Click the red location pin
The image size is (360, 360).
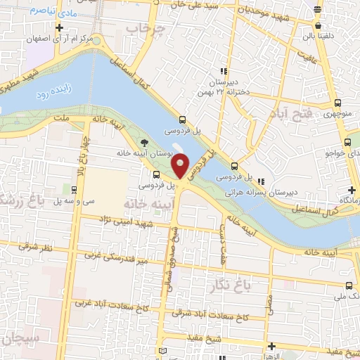coord(181,166)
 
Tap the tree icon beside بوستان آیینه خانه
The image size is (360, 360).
coord(145,143)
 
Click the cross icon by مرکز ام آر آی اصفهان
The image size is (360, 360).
coord(60,28)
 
